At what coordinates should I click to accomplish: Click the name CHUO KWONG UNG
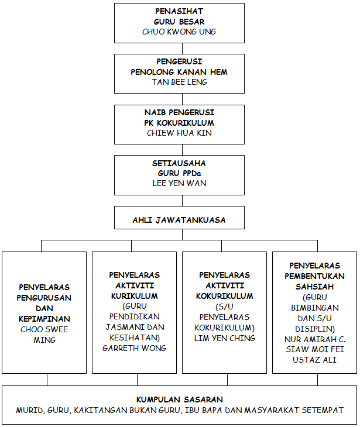tap(179, 32)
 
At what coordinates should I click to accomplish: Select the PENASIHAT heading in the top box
tap(179, 11)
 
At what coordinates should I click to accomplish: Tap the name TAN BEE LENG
tap(179, 82)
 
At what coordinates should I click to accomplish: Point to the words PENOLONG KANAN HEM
tap(179, 72)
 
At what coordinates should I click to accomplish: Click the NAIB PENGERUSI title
tap(179, 112)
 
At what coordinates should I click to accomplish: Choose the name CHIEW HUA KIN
tap(179, 133)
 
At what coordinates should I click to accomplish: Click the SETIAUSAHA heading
tap(179, 163)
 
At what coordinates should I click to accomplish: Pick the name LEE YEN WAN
tap(179, 183)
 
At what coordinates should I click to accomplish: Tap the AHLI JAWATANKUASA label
tap(179, 220)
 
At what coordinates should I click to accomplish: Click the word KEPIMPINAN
tap(44, 319)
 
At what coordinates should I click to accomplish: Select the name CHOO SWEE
tap(44, 329)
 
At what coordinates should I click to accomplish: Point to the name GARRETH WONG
tap(135, 348)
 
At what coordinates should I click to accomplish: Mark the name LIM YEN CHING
tap(225, 338)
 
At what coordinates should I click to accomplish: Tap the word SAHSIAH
tap(314, 287)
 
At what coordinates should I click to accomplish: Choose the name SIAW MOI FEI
tap(315, 349)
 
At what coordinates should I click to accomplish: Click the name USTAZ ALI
tap(314, 360)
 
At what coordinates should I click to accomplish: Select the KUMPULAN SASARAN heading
tap(179, 400)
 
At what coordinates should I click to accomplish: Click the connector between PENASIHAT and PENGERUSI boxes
tap(182, 49)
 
